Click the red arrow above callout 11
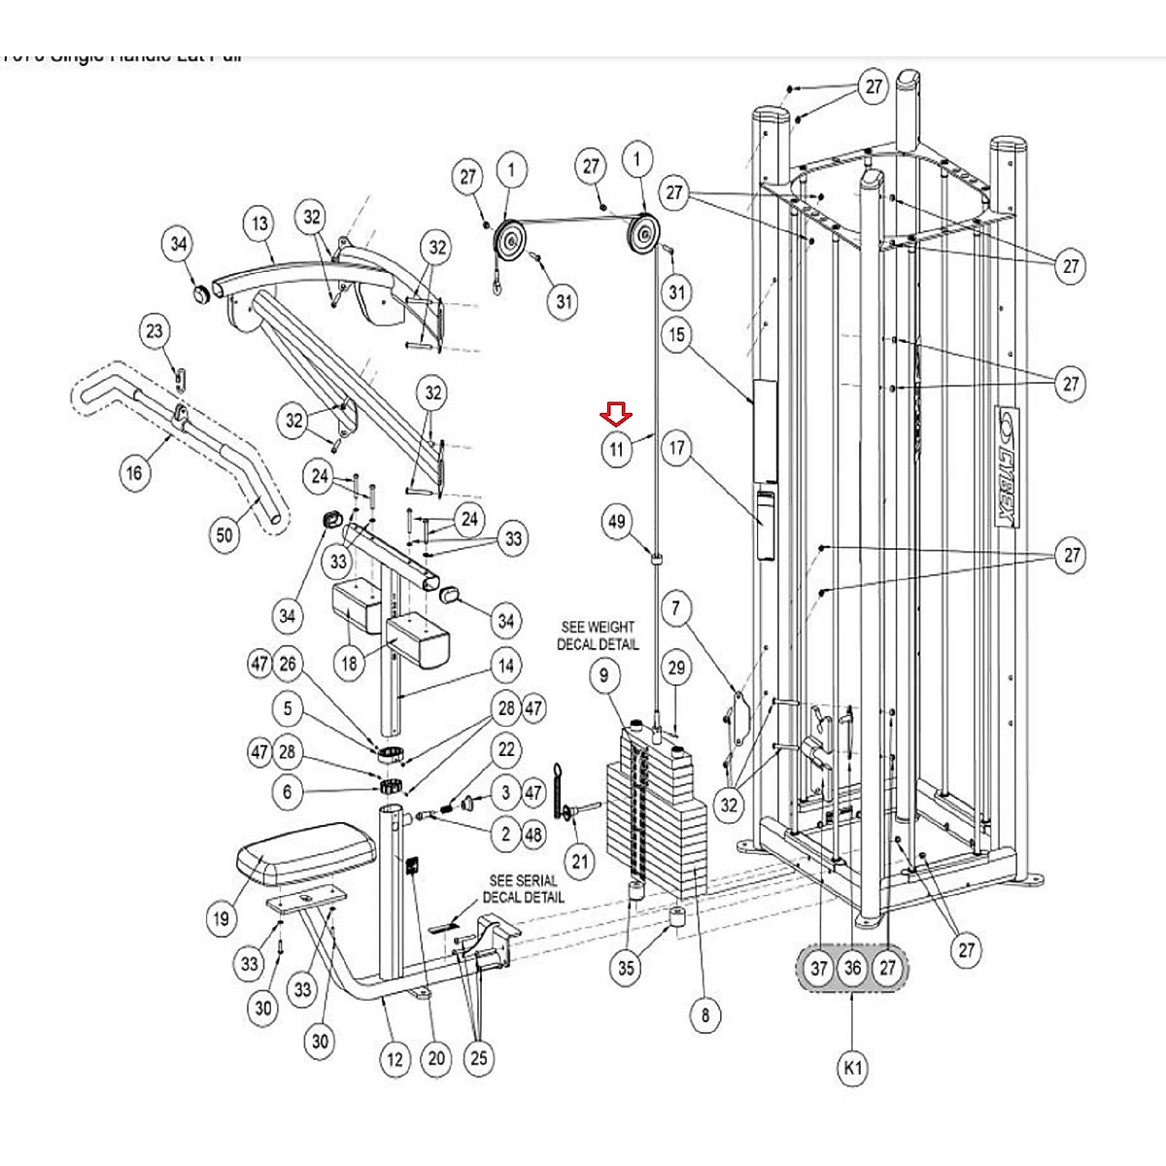click(616, 415)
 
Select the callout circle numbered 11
click(616, 449)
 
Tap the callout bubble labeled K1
click(852, 1068)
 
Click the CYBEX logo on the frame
click(1008, 467)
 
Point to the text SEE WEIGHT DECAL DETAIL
click(598, 635)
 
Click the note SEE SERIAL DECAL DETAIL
click(523, 888)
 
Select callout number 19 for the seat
click(222, 918)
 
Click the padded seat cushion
click(306, 852)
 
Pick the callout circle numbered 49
click(617, 522)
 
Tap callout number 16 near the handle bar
click(135, 472)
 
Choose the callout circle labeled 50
click(225, 534)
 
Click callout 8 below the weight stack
click(705, 1016)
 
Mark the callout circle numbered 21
click(580, 860)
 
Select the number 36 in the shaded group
click(852, 968)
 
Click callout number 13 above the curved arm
click(259, 223)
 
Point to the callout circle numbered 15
click(677, 335)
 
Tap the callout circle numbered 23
click(154, 330)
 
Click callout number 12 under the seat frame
click(394, 1058)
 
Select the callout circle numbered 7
click(677, 609)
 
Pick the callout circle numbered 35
click(626, 967)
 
